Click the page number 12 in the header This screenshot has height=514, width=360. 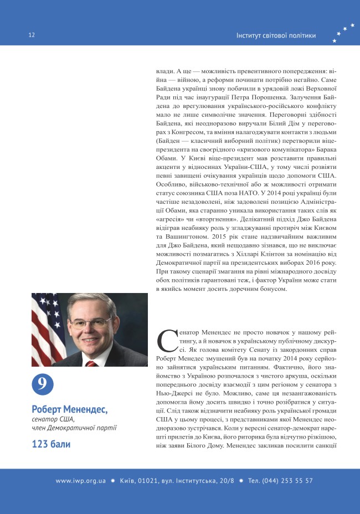(x=32, y=35)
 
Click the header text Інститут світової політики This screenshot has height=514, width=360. (x=276, y=35)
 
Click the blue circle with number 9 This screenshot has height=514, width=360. (x=42, y=384)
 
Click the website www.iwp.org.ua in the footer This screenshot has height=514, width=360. (x=80, y=481)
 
